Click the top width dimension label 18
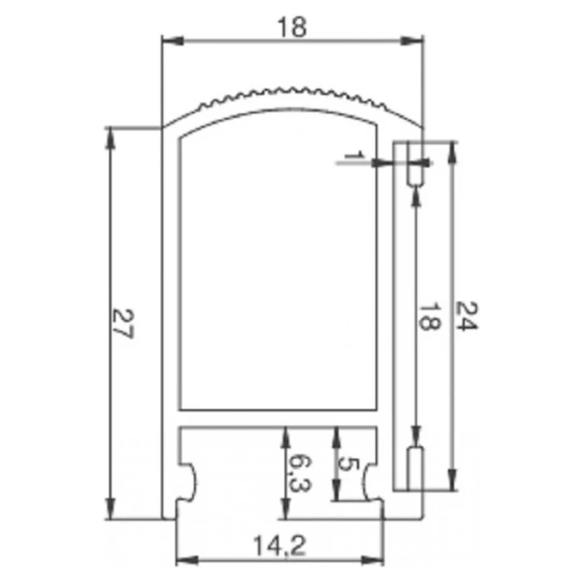292,27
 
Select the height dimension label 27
122,323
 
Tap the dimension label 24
466,316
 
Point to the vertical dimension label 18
430,316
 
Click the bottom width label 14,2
279,546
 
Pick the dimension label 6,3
300,474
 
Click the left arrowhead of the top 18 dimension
172,41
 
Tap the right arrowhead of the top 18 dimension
412,41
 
